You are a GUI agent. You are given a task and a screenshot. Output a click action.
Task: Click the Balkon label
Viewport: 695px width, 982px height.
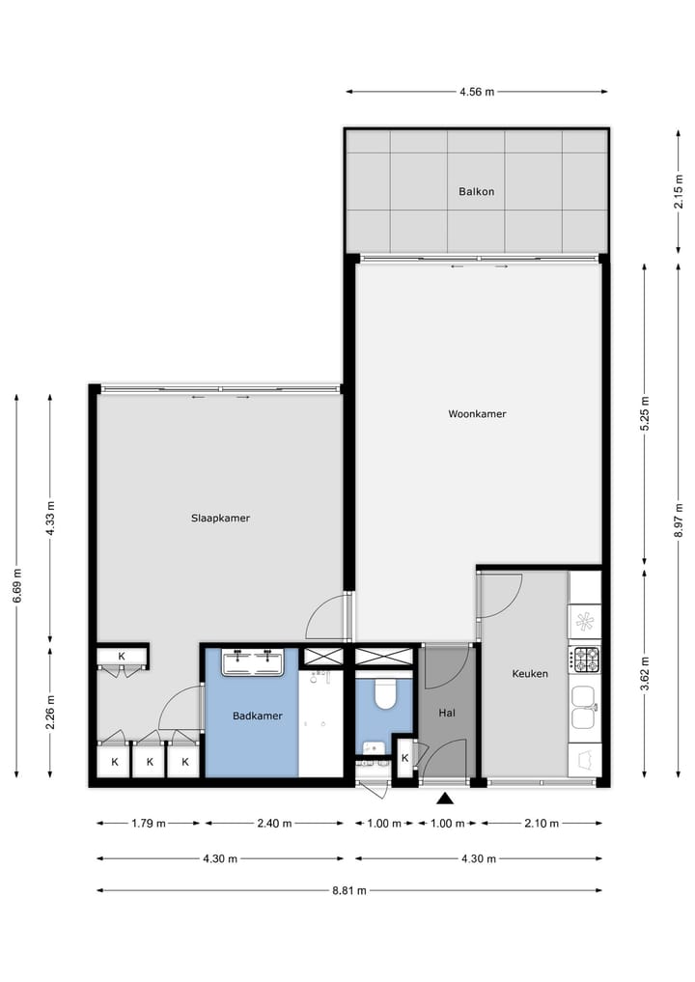point(476,191)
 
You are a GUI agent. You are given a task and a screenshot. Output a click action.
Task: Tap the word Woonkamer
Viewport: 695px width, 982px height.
point(477,414)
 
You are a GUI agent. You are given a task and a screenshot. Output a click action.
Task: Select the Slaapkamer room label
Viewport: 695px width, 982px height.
point(220,518)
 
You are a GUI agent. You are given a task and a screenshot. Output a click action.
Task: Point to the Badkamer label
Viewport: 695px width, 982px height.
point(257,715)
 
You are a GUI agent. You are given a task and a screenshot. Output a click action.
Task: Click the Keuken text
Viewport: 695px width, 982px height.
point(530,673)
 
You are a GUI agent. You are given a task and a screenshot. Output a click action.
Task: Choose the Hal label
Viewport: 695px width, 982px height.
point(446,713)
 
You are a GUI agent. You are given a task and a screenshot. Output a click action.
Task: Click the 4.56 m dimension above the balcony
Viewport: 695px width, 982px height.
point(476,93)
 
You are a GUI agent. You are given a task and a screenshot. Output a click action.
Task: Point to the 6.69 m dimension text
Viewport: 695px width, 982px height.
point(16,585)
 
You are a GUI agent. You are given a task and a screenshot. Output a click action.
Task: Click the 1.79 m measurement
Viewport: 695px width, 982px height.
point(149,824)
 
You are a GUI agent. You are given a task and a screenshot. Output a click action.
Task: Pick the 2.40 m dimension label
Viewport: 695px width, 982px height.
point(274,824)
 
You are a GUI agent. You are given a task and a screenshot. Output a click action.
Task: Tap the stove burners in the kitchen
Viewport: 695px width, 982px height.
point(585,659)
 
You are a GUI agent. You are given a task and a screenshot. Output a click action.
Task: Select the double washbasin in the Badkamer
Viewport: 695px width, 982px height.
point(253,662)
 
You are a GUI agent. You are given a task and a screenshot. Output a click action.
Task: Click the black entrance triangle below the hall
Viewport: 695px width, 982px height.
point(445,798)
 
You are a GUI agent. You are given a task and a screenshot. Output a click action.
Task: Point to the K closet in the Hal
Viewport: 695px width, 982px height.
point(404,757)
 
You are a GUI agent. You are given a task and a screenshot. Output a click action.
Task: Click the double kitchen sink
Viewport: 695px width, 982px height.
point(584,708)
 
